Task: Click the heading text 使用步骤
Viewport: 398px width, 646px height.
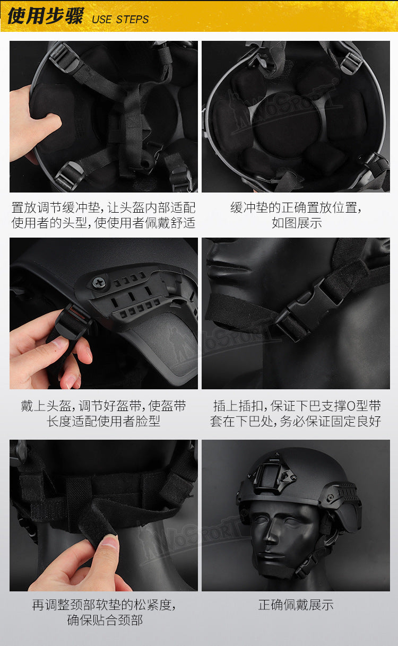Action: point(46,16)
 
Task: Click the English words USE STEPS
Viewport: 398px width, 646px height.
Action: point(120,20)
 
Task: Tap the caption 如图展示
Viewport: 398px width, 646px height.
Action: point(297,223)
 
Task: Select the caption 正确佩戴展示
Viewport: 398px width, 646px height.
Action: point(296,605)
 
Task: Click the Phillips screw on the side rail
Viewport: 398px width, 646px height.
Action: point(99,282)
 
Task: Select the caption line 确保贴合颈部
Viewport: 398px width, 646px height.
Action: point(105,620)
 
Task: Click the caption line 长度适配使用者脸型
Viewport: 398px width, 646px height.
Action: point(103,421)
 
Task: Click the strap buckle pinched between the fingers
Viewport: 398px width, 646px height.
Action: point(71,321)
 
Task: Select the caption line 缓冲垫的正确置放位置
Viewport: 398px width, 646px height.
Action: point(296,207)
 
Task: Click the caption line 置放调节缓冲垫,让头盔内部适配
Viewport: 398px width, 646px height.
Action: point(103,207)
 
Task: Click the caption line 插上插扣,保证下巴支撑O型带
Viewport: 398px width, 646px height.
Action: point(297,406)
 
